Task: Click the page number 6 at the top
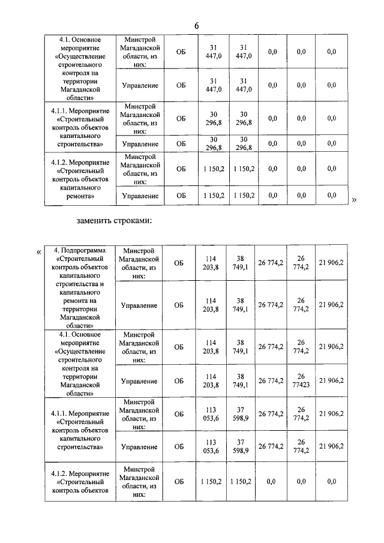(x=196, y=26)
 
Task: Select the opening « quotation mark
(x=40, y=252)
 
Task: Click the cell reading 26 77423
(x=301, y=381)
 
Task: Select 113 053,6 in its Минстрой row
(x=211, y=414)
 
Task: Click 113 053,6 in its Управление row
(x=211, y=446)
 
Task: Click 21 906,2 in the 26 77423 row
(x=331, y=381)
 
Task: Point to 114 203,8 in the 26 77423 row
(x=211, y=381)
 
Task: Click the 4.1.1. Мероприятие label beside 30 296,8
(x=83, y=127)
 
